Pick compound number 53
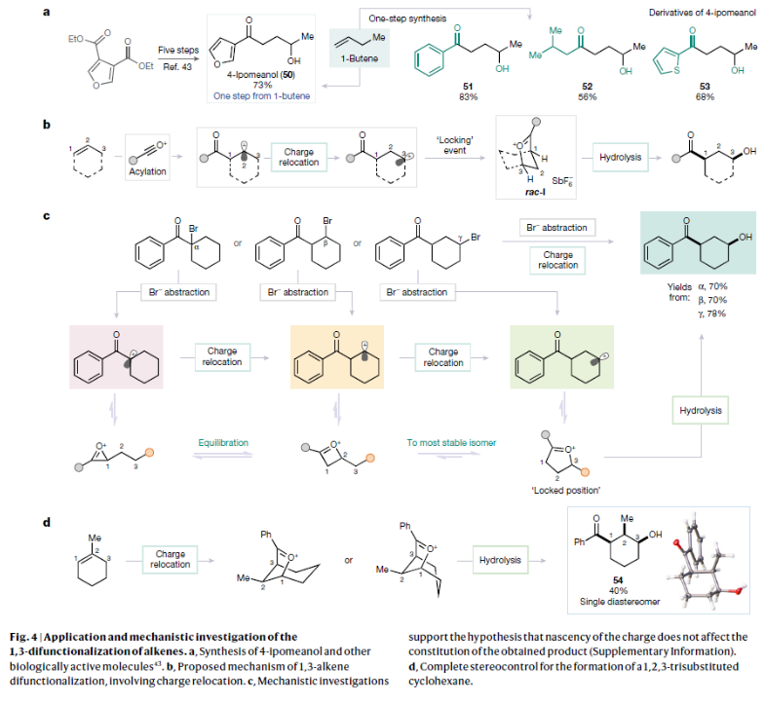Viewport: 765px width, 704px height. point(699,87)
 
